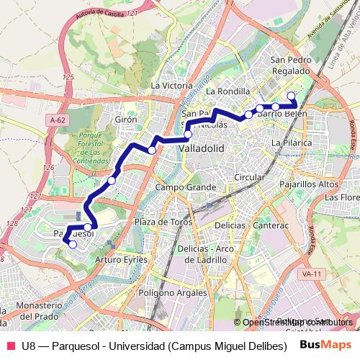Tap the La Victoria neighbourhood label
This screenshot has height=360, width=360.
coord(171,85)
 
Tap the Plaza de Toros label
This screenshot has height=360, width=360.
coord(163,222)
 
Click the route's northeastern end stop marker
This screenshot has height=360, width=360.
coord(291,96)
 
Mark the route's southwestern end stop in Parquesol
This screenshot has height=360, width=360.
coord(72,245)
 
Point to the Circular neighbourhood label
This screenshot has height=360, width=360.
coord(250,176)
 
